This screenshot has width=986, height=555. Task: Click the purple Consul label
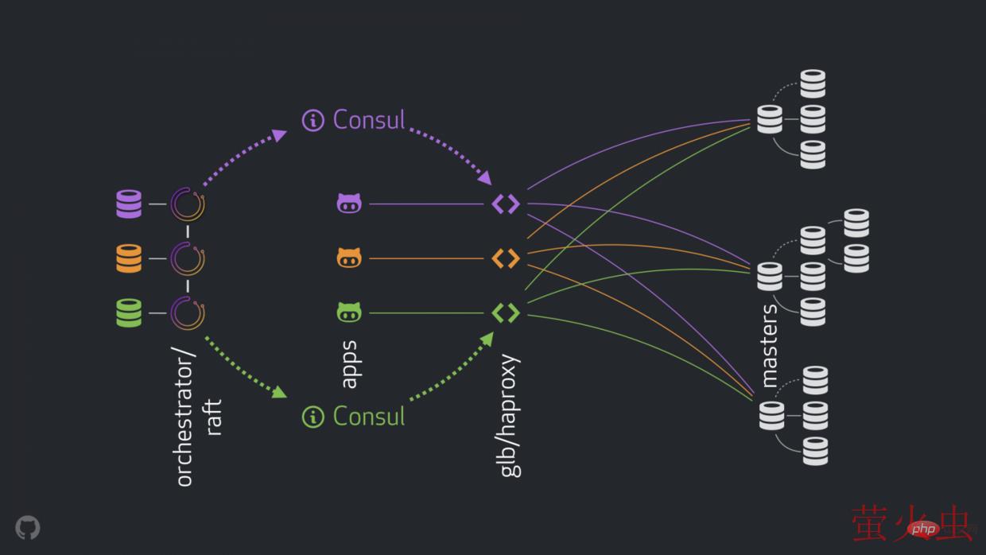pyautogui.click(x=369, y=120)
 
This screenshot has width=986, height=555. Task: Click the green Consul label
pyautogui.click(x=369, y=416)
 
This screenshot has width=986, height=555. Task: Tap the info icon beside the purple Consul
pyautogui.click(x=313, y=121)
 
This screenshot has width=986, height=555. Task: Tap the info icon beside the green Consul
pyautogui.click(x=313, y=417)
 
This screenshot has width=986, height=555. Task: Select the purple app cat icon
pyautogui.click(x=349, y=204)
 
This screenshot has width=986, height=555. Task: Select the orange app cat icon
pyautogui.click(x=349, y=258)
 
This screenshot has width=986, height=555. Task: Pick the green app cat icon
pyautogui.click(x=349, y=312)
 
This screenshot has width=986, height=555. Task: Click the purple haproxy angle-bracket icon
pyautogui.click(x=506, y=204)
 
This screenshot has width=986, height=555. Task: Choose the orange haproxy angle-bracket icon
pyautogui.click(x=506, y=258)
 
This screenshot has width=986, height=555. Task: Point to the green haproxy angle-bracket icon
pyautogui.click(x=506, y=312)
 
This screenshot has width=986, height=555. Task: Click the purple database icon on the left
pyautogui.click(x=128, y=204)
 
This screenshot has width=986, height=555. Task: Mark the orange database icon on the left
pyautogui.click(x=128, y=258)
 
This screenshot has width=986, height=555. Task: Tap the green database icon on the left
pyautogui.click(x=128, y=312)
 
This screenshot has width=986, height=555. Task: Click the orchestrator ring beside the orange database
pyautogui.click(x=188, y=258)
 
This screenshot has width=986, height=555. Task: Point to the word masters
pyautogui.click(x=770, y=345)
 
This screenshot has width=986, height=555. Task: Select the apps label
pyautogui.click(x=348, y=365)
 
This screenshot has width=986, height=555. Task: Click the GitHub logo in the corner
pyautogui.click(x=28, y=527)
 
